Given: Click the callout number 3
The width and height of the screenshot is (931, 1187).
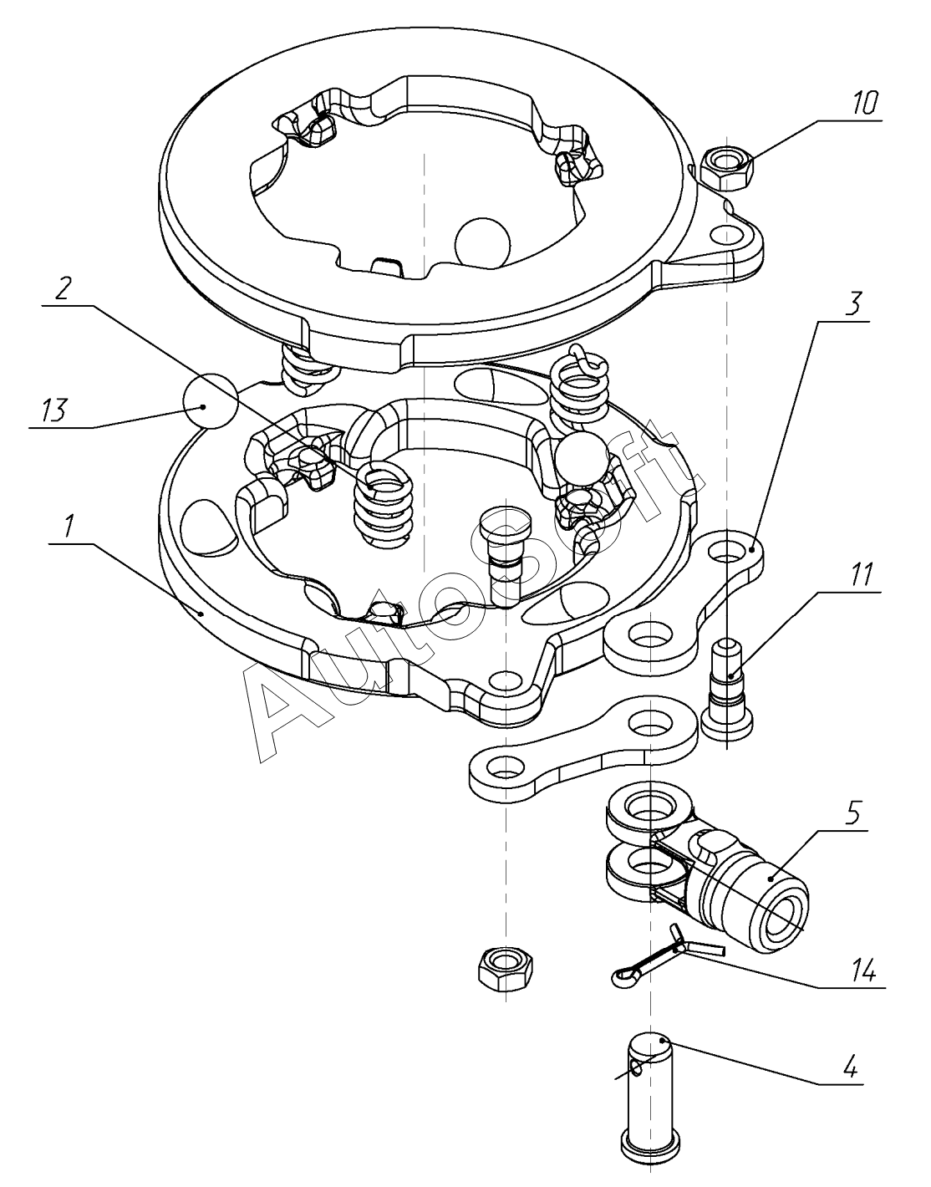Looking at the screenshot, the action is pos(852,304).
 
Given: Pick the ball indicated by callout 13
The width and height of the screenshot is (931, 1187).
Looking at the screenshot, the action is pos(211,401).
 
